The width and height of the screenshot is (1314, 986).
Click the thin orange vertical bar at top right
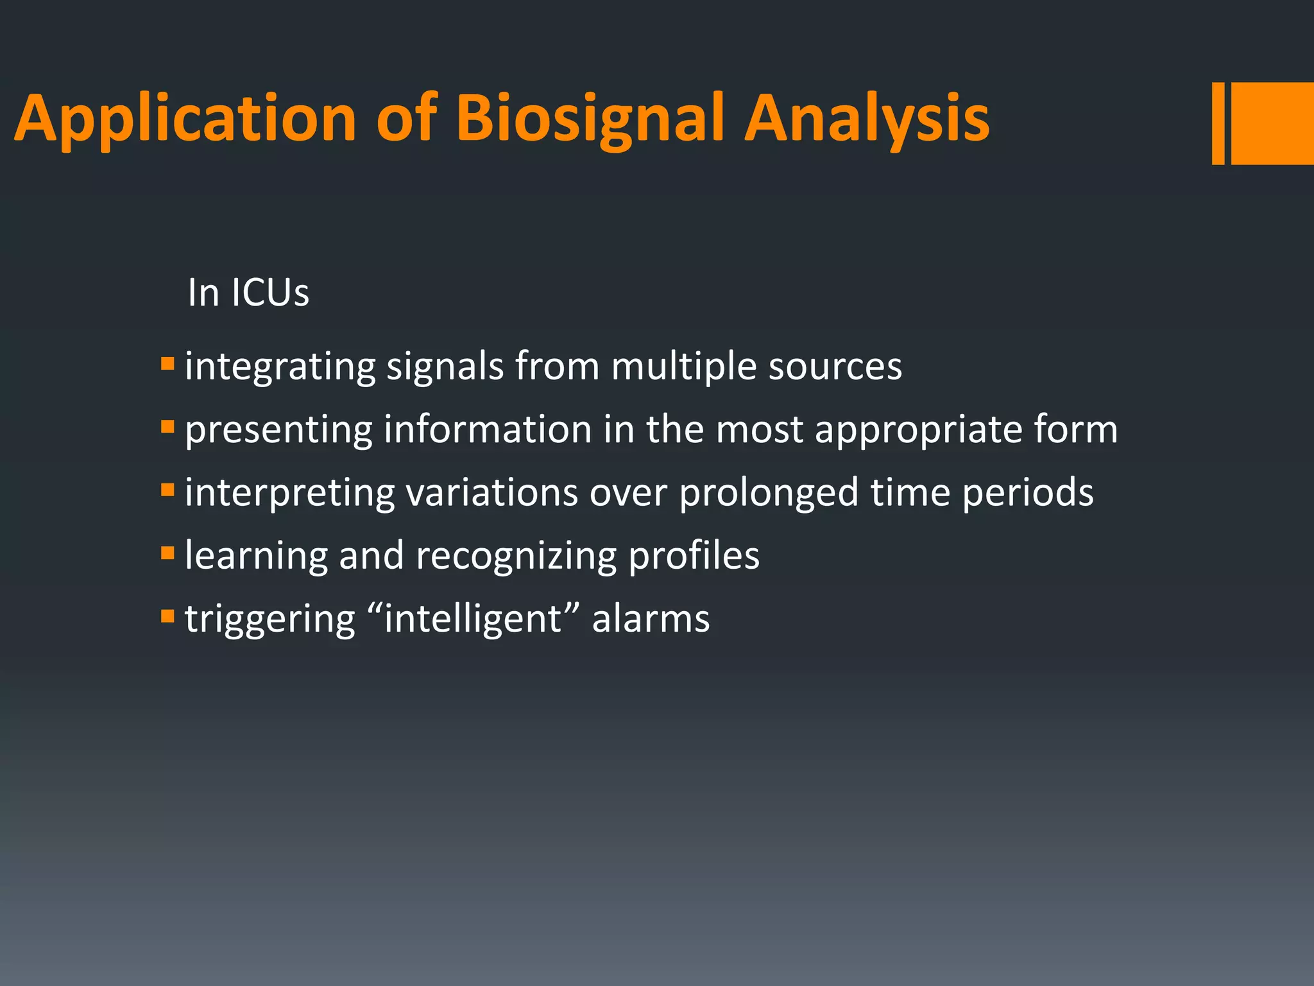click(1218, 123)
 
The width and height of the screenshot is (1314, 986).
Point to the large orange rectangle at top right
click(1273, 123)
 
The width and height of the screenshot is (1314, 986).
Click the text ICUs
click(269, 293)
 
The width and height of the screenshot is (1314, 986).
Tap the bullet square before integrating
click(167, 364)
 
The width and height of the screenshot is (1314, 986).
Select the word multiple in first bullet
click(684, 367)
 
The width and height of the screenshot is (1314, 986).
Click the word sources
click(835, 367)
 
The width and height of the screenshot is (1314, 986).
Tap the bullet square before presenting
click(167, 427)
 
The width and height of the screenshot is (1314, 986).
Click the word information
click(488, 430)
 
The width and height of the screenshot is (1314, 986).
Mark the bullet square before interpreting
click(167, 490)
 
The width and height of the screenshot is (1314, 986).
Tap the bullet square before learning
click(167, 553)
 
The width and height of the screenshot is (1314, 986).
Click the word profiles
click(694, 556)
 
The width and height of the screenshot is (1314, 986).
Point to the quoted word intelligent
click(474, 619)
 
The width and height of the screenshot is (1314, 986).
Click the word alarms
click(651, 619)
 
